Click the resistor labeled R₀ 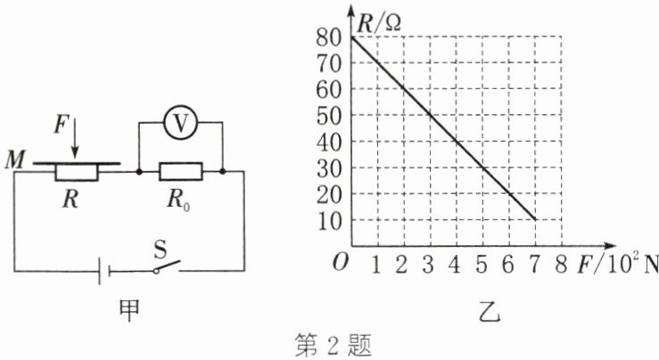click(181, 169)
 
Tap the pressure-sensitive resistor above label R click(76, 169)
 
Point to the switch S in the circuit click(166, 266)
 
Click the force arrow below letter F click(76, 140)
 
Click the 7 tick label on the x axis click(533, 264)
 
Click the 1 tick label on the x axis click(376, 264)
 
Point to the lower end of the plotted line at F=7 click(534, 219)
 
